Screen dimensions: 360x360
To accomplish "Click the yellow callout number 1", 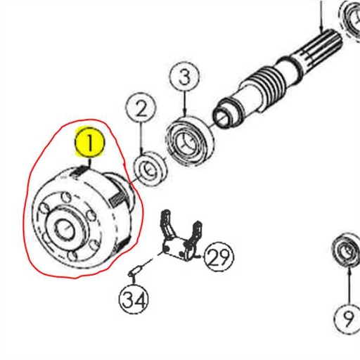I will click(90, 143).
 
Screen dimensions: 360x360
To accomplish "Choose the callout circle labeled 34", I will click(134, 300).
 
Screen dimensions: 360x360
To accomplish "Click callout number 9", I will click(348, 319).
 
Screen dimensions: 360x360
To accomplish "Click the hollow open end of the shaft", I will click(224, 111).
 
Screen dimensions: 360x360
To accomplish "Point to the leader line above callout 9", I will click(347, 285).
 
